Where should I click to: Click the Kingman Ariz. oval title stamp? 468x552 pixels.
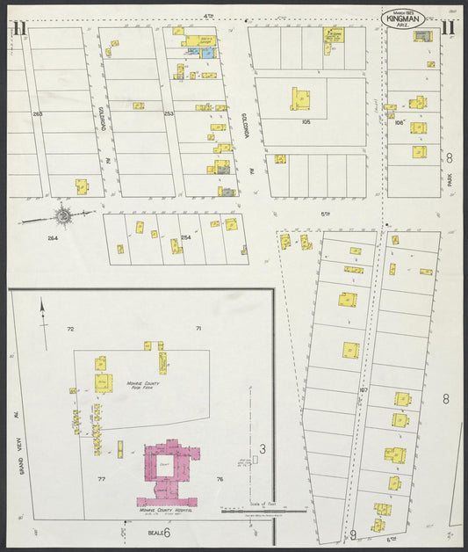pos(403,18)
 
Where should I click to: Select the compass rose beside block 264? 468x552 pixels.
pos(63,214)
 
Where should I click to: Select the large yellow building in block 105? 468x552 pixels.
pos(300,98)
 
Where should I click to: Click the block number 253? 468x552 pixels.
pos(169,113)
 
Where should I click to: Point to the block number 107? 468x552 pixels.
pos(362,389)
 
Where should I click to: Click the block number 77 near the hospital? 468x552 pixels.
pos(101,480)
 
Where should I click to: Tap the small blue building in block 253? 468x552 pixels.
pos(207,54)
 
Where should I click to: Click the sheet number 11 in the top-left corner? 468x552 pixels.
pos(18,27)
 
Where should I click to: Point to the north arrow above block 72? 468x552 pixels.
pos(42,309)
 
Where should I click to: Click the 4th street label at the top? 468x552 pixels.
pos(209,15)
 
